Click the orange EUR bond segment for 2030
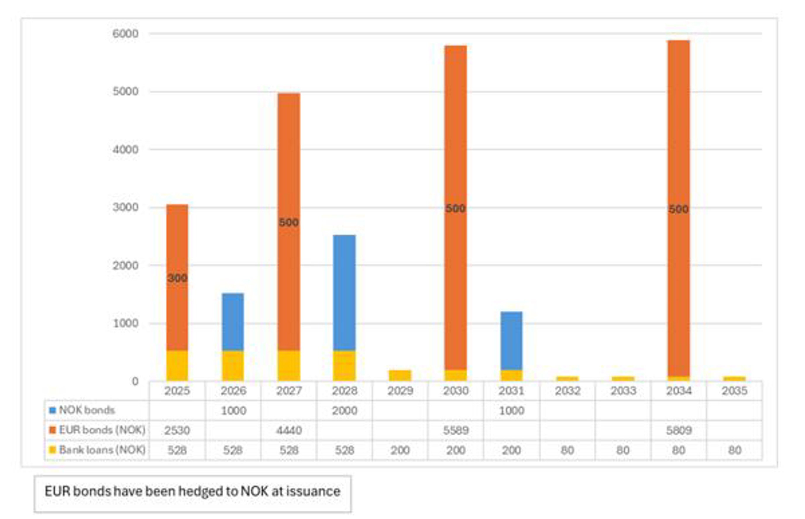(x=455, y=135)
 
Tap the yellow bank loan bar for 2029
(x=400, y=375)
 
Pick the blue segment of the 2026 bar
(x=233, y=322)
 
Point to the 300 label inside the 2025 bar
(x=177, y=278)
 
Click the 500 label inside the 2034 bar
(x=678, y=209)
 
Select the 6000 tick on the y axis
(x=125, y=34)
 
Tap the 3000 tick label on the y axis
(x=125, y=207)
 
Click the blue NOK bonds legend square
(x=52, y=411)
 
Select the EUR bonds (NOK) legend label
(x=102, y=430)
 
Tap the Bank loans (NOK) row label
(x=102, y=450)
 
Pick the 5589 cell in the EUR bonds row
(x=456, y=430)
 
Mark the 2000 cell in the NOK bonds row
(x=344, y=411)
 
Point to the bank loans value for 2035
(x=734, y=450)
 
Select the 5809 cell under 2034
(x=679, y=430)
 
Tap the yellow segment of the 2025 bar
(x=177, y=366)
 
